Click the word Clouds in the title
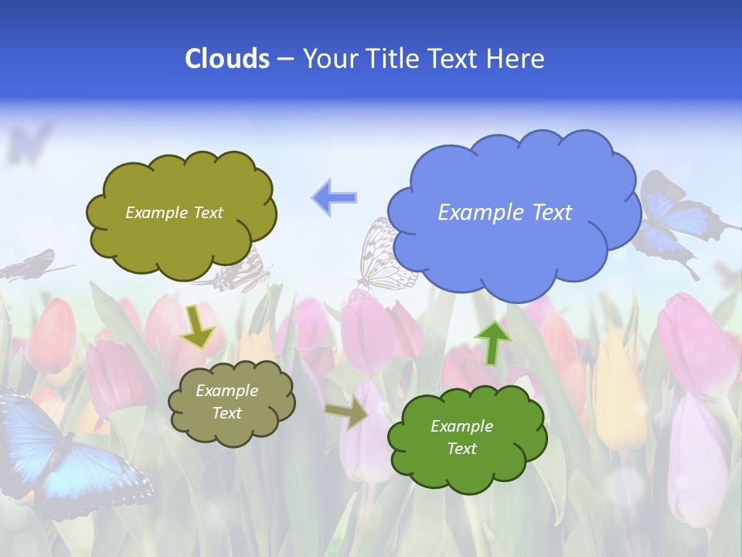click(227, 59)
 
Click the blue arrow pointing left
click(335, 197)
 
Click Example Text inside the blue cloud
click(505, 213)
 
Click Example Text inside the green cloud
click(461, 437)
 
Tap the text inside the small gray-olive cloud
click(226, 402)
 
